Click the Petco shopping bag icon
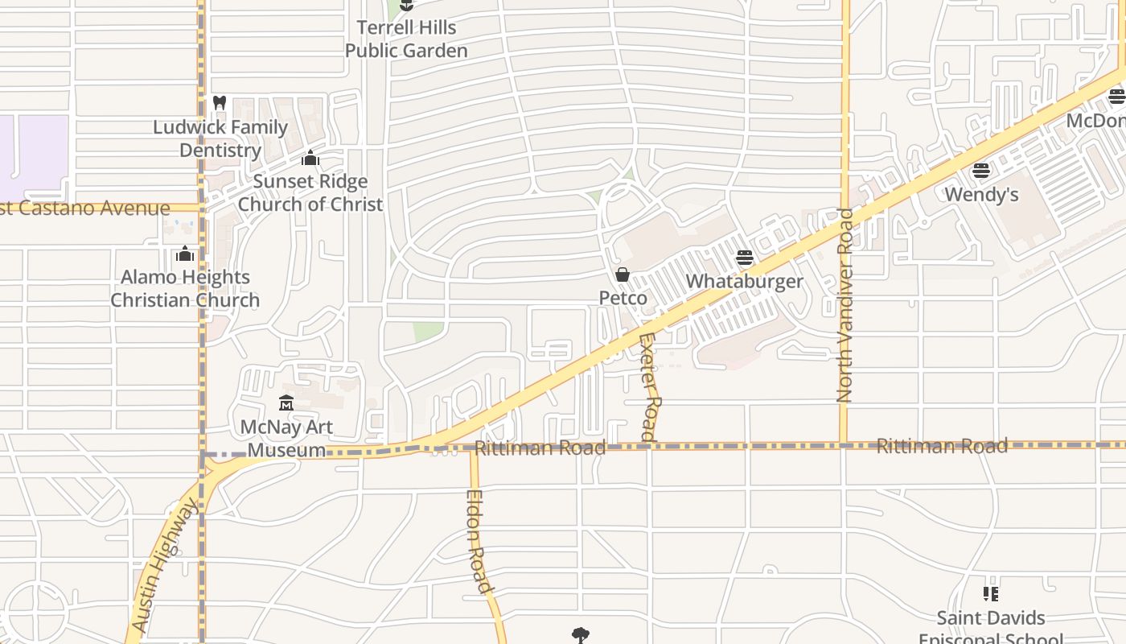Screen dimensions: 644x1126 [622, 275]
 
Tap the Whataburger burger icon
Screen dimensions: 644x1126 [745, 258]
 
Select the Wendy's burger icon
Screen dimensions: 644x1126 [980, 171]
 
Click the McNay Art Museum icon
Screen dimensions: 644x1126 [286, 402]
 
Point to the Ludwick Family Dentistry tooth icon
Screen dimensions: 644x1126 [220, 103]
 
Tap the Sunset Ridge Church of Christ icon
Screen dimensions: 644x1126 [310, 158]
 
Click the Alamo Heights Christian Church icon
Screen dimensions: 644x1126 [185, 254]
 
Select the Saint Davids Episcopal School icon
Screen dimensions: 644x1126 [991, 594]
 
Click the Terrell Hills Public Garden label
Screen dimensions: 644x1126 [406, 39]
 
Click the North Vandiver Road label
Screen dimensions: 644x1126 [844, 305]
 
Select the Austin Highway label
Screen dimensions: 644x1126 [164, 564]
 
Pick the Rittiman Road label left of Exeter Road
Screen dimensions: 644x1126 [540, 448]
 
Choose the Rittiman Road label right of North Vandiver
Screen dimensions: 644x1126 [941, 445]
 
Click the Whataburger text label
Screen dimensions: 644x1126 [744, 281]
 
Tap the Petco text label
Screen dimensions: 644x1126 [623, 298]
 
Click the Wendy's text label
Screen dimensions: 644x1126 [981, 194]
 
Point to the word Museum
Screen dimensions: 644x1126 [286, 450]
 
